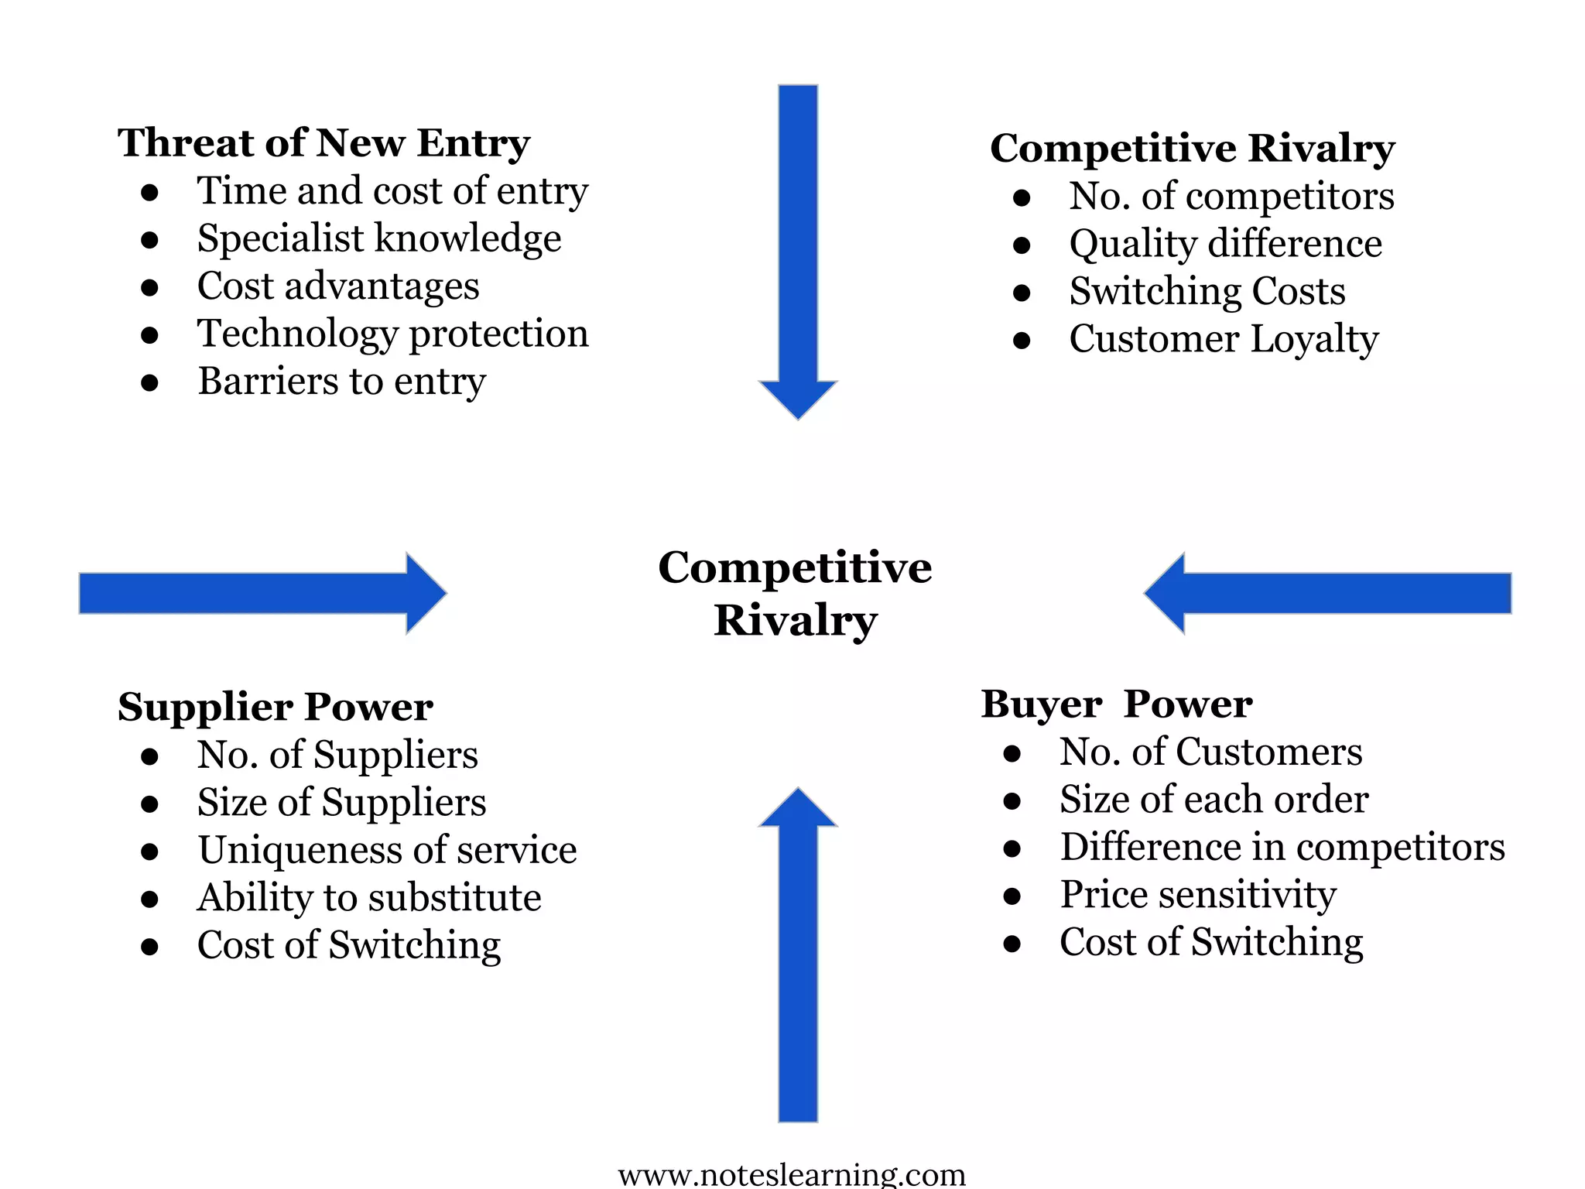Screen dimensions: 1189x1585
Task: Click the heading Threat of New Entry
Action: pyautogui.click(x=324, y=143)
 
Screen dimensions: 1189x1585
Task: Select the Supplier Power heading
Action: pyautogui.click(x=275, y=707)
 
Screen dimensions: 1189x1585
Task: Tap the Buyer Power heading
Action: pyautogui.click(x=1116, y=704)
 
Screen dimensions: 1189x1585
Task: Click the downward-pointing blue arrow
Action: pyautogui.click(x=798, y=248)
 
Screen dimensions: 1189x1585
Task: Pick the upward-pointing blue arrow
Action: pyautogui.click(x=798, y=960)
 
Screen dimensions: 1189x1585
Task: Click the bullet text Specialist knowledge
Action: pyautogui.click(x=379, y=238)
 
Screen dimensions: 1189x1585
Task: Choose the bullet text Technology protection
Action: pyautogui.click(x=393, y=334)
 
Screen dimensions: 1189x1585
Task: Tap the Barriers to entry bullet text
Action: pyautogui.click(x=341, y=382)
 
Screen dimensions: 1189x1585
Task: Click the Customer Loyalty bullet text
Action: pyautogui.click(x=1224, y=339)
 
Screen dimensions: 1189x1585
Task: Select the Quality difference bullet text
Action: pyautogui.click(x=1225, y=244)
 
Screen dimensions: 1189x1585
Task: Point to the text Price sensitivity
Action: pyautogui.click(x=1198, y=895)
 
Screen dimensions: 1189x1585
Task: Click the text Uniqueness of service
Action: pyautogui.click(x=387, y=850)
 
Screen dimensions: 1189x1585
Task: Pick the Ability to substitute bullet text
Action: pyautogui.click(x=369, y=898)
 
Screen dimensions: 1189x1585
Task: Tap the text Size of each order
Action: pyautogui.click(x=1214, y=800)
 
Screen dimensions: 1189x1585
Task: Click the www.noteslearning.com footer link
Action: pyautogui.click(x=792, y=1175)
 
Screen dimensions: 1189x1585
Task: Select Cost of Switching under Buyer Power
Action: pyautogui.click(x=1211, y=942)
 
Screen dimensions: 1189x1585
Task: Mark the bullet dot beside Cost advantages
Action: pyautogui.click(x=150, y=288)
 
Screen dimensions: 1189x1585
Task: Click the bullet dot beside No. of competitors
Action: pyautogui.click(x=1022, y=197)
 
